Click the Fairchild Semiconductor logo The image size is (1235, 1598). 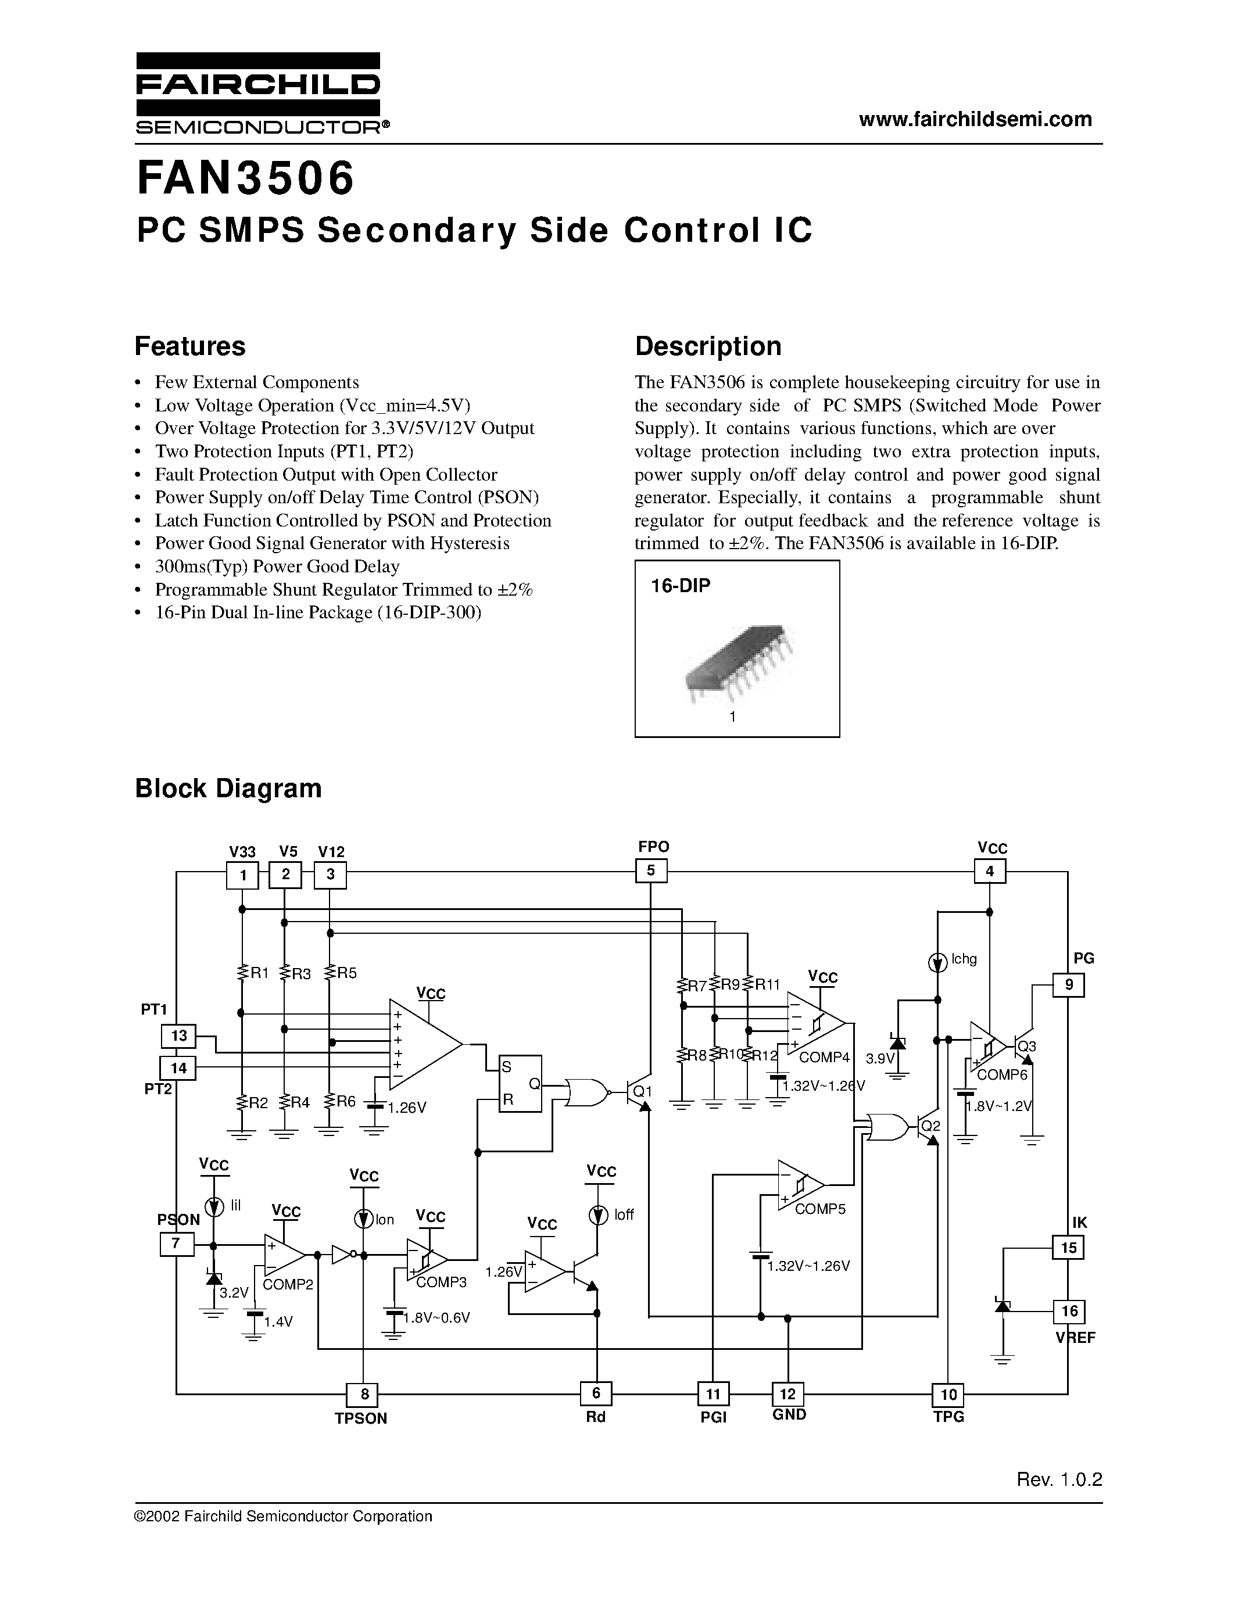(x=257, y=93)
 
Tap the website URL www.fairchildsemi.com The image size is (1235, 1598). (x=975, y=119)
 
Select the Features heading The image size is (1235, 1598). (x=190, y=346)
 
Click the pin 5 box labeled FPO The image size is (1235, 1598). (x=650, y=870)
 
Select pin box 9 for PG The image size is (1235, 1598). (x=1068, y=985)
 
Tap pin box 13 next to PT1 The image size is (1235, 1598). (x=178, y=1036)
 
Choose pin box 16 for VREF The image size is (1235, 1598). (x=1068, y=1310)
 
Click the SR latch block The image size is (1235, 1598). (x=520, y=1084)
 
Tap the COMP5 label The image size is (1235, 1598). (x=819, y=1209)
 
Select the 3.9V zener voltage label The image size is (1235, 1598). (x=879, y=1059)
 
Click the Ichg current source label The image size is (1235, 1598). (x=964, y=959)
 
